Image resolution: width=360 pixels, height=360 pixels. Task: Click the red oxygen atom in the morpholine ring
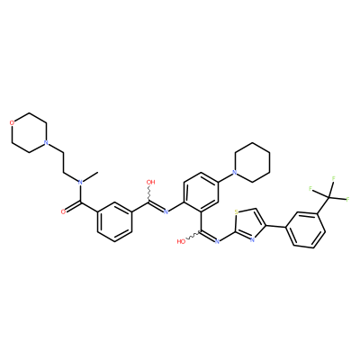[12, 122]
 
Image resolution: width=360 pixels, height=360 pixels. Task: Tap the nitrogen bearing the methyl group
[80, 182]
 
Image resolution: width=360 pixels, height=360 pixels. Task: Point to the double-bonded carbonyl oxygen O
[63, 211]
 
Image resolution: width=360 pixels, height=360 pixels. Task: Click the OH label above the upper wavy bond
[150, 182]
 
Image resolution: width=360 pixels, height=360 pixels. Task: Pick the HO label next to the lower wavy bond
[181, 241]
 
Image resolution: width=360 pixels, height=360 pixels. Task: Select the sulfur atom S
[236, 212]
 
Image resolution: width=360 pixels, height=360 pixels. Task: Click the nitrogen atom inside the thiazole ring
[252, 239]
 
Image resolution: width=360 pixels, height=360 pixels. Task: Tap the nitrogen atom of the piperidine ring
[235, 172]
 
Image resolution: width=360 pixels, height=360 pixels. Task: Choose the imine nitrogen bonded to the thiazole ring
[217, 241]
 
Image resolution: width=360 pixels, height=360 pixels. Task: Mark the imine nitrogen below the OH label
[166, 211]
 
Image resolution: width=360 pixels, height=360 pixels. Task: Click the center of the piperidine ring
[252, 162]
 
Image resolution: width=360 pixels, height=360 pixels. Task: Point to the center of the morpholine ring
[29, 132]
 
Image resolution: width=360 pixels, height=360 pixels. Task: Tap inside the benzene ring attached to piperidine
[201, 192]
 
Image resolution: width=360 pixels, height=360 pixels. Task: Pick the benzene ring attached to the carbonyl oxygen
[114, 221]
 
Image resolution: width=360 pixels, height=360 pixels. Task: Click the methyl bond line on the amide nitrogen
[90, 177]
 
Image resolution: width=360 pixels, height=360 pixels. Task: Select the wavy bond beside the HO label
[193, 236]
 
